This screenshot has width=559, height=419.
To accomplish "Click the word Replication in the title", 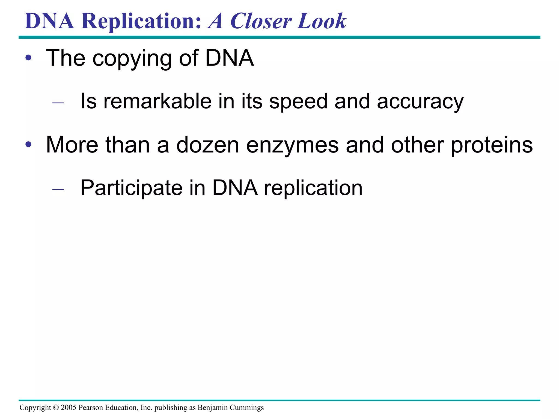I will point(141,21).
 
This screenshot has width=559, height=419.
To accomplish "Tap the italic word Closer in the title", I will point(261,21).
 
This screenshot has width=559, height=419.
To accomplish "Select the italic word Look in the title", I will point(322,21).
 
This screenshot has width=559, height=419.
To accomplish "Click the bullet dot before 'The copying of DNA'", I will point(28,58).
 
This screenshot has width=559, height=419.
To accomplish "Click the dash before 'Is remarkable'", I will point(58,103).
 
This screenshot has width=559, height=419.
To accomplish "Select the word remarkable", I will point(157,101).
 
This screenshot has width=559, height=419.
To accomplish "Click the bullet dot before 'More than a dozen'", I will point(28,145).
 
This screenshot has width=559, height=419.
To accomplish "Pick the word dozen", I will point(208,145).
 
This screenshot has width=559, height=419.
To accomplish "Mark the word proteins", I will point(492,145).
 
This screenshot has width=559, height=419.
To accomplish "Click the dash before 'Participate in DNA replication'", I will point(58,189).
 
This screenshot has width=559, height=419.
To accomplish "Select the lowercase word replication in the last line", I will point(313,188).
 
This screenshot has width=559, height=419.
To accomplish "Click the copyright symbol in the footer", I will point(56,408).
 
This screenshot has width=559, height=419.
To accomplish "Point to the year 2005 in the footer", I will point(69,408).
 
